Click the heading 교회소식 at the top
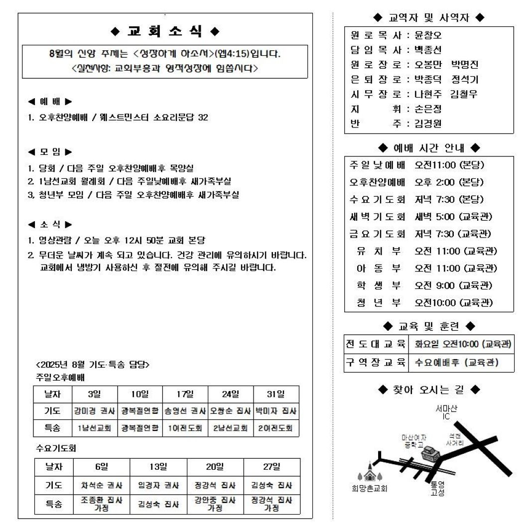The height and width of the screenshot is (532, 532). pos(165,31)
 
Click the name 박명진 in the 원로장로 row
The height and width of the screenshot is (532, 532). pos(465,65)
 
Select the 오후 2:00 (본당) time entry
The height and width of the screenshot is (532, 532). pos(449,182)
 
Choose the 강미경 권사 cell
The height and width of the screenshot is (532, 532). pos(95,411)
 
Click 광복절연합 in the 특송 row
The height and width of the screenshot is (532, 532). pos(140,428)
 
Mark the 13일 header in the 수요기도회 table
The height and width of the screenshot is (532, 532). pos(158,467)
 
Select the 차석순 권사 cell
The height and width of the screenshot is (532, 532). pos(102,485)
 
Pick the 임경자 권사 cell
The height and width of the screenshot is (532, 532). pos(158,485)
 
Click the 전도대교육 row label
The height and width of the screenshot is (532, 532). pos(376,344)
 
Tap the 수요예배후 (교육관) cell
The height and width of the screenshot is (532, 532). pos(456,363)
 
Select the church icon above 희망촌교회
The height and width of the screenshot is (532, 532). pos(369,474)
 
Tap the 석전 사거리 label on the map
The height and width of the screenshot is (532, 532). pos(454,439)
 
